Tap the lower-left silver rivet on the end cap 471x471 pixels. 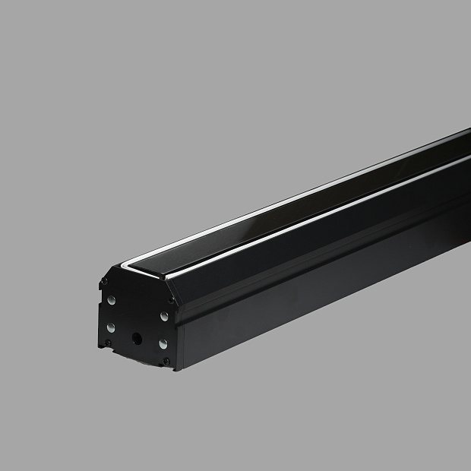[111, 327]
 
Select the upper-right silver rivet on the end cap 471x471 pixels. [163, 315]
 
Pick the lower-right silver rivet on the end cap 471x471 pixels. [163, 344]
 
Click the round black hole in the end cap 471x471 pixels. [138, 338]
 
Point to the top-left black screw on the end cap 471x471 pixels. [103, 283]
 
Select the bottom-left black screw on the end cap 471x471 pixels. [108, 343]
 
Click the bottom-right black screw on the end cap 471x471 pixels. [166, 361]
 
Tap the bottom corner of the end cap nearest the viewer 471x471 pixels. [176, 369]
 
